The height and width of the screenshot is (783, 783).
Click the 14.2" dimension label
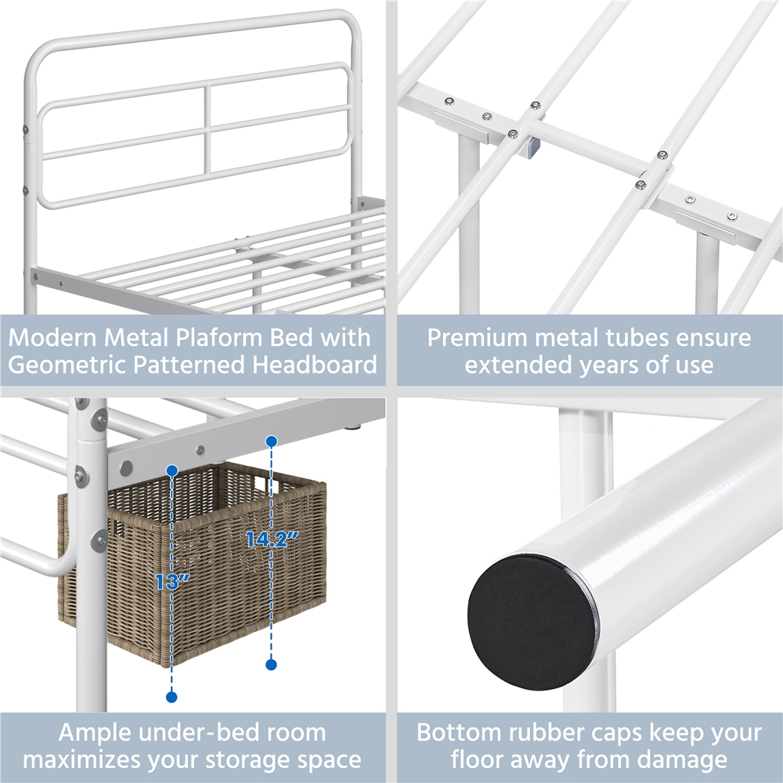(272, 539)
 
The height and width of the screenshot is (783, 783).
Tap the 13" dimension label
(172, 582)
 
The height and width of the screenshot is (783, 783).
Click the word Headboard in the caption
(315, 365)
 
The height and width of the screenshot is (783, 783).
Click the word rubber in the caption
(545, 733)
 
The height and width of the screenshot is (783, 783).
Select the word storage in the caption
(247, 760)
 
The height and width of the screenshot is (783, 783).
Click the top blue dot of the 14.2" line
(271, 442)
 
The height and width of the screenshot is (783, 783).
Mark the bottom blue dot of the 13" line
(171, 697)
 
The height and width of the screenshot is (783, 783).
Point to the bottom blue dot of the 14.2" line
(271, 664)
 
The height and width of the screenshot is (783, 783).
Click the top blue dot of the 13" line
(171, 471)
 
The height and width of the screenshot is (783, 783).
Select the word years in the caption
(608, 366)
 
